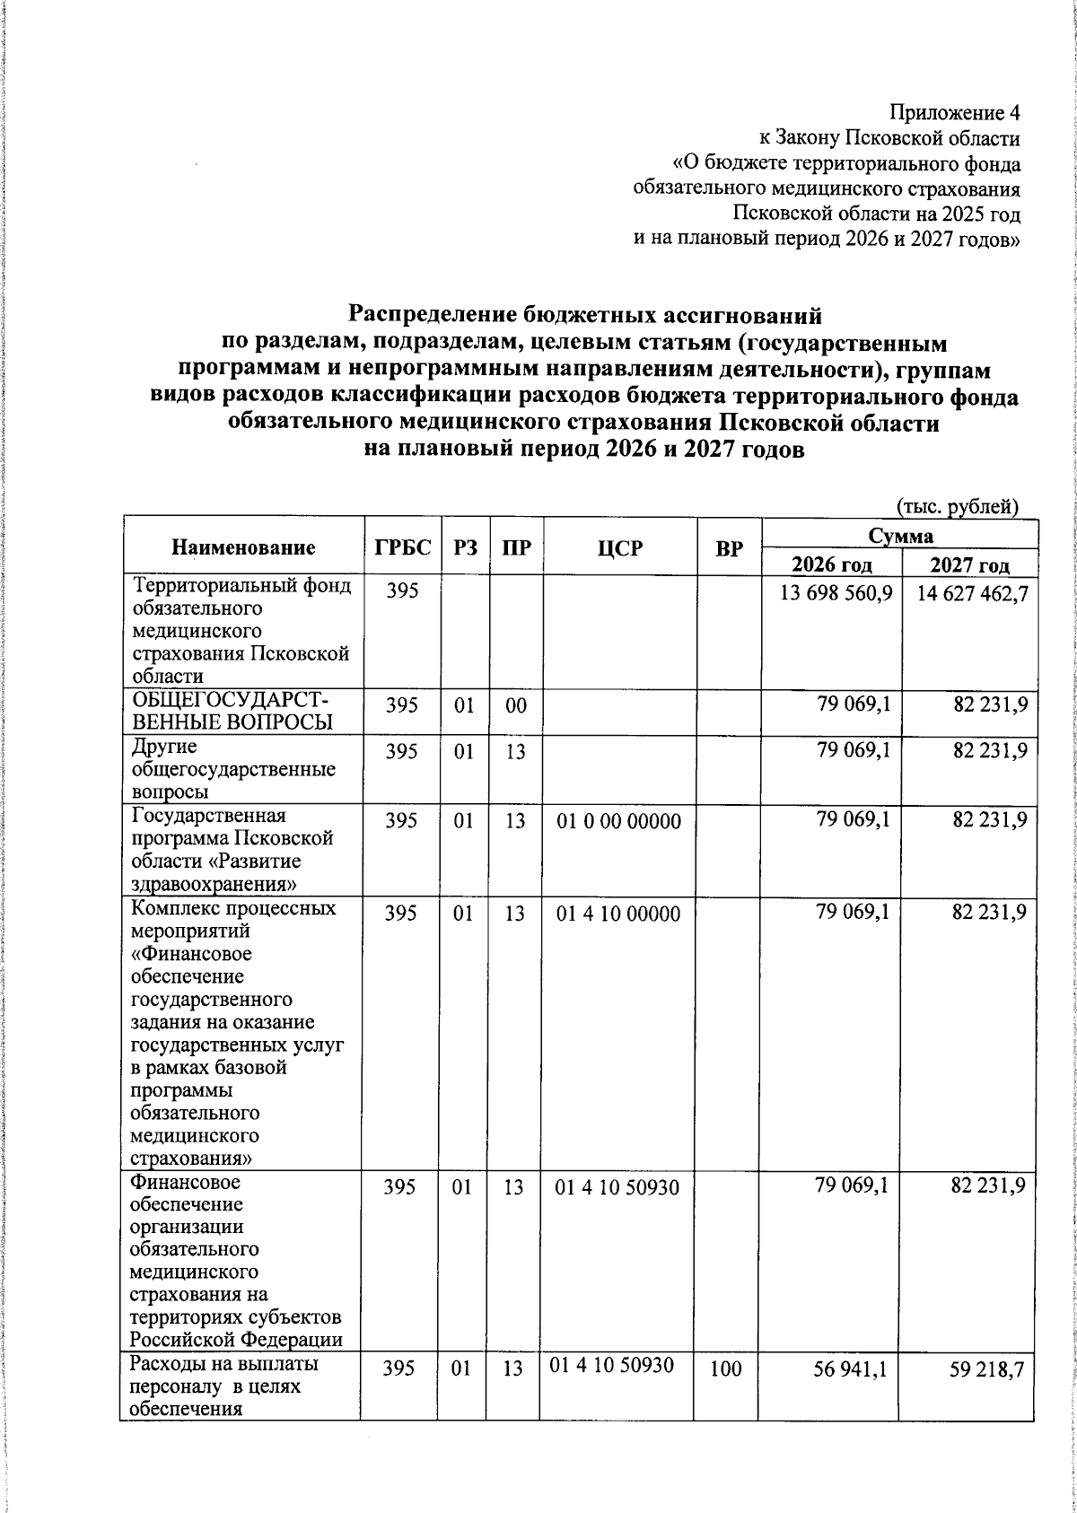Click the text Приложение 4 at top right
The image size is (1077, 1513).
954,113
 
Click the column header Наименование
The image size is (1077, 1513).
243,547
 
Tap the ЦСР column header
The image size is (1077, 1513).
619,547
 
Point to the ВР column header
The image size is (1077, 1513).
729,547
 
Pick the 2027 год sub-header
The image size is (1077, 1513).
969,565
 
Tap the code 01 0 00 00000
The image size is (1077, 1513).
618,820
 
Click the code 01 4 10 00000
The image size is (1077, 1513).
618,914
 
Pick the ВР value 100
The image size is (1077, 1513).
729,1395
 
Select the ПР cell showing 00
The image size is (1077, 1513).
514,705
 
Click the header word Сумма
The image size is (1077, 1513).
900,536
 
